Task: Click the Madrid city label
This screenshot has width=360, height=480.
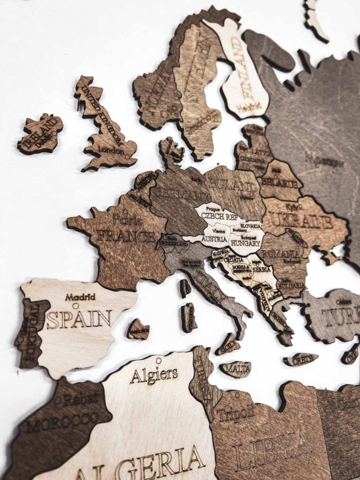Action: [80, 297]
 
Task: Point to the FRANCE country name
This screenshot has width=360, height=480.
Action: [125, 235]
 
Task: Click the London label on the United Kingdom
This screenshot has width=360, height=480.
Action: [112, 151]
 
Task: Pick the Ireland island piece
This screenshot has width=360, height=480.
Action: [41, 134]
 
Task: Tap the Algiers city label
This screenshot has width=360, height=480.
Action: [154, 375]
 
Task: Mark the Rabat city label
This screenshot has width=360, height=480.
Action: [80, 399]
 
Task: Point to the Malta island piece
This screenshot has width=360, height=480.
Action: [236, 368]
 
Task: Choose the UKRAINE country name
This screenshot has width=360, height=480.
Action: [301, 220]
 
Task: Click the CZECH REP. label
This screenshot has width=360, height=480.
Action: [219, 217]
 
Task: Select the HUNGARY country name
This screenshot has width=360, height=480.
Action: [245, 243]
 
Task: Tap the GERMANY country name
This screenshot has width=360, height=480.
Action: [181, 192]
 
